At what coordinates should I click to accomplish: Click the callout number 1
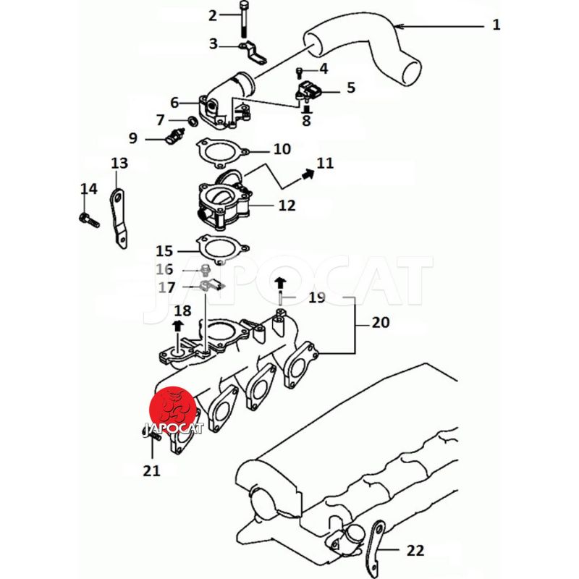click(x=496, y=25)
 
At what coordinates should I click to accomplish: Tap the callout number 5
click(x=351, y=88)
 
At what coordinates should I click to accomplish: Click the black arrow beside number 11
click(x=308, y=172)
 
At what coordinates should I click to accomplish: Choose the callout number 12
click(x=287, y=206)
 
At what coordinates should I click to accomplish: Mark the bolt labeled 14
click(x=87, y=217)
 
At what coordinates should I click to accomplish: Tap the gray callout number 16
click(x=164, y=270)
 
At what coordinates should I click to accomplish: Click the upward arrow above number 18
click(x=178, y=328)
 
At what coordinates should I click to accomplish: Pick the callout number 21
click(x=151, y=471)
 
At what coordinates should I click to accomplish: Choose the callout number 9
click(x=133, y=138)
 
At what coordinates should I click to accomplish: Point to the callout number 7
click(x=160, y=119)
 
